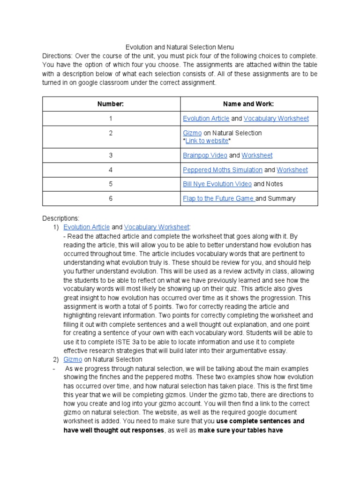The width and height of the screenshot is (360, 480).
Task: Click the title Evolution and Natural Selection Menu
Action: pyautogui.click(x=180, y=47)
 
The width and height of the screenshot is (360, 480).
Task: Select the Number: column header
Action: pyautogui.click(x=111, y=104)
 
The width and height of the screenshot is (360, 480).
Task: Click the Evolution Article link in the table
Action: pyautogui.click(x=206, y=119)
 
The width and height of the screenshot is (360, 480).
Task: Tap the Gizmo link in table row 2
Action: pyautogui.click(x=192, y=133)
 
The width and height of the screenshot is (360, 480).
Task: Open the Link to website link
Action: pyautogui.click(x=207, y=141)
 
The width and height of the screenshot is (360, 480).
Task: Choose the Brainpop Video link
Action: pyautogui.click(x=205, y=155)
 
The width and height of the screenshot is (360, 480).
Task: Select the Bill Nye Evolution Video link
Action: pyautogui.click(x=217, y=184)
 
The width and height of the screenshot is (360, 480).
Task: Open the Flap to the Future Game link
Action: pyautogui.click(x=218, y=198)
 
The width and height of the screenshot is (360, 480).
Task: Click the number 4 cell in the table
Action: pyautogui.click(x=111, y=170)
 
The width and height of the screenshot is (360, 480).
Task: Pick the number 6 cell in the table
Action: pyautogui.click(x=111, y=198)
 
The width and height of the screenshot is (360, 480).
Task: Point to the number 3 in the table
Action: pyautogui.click(x=111, y=155)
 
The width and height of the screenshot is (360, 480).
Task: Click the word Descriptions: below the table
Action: pyautogui.click(x=61, y=218)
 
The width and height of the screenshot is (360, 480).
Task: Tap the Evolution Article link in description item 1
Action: pyautogui.click(x=87, y=227)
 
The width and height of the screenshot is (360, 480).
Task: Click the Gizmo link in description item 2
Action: pyautogui.click(x=73, y=360)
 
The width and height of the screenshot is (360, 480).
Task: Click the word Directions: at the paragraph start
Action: pyautogui.click(x=57, y=56)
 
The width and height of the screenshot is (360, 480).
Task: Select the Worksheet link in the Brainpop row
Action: pyautogui.click(x=257, y=155)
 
